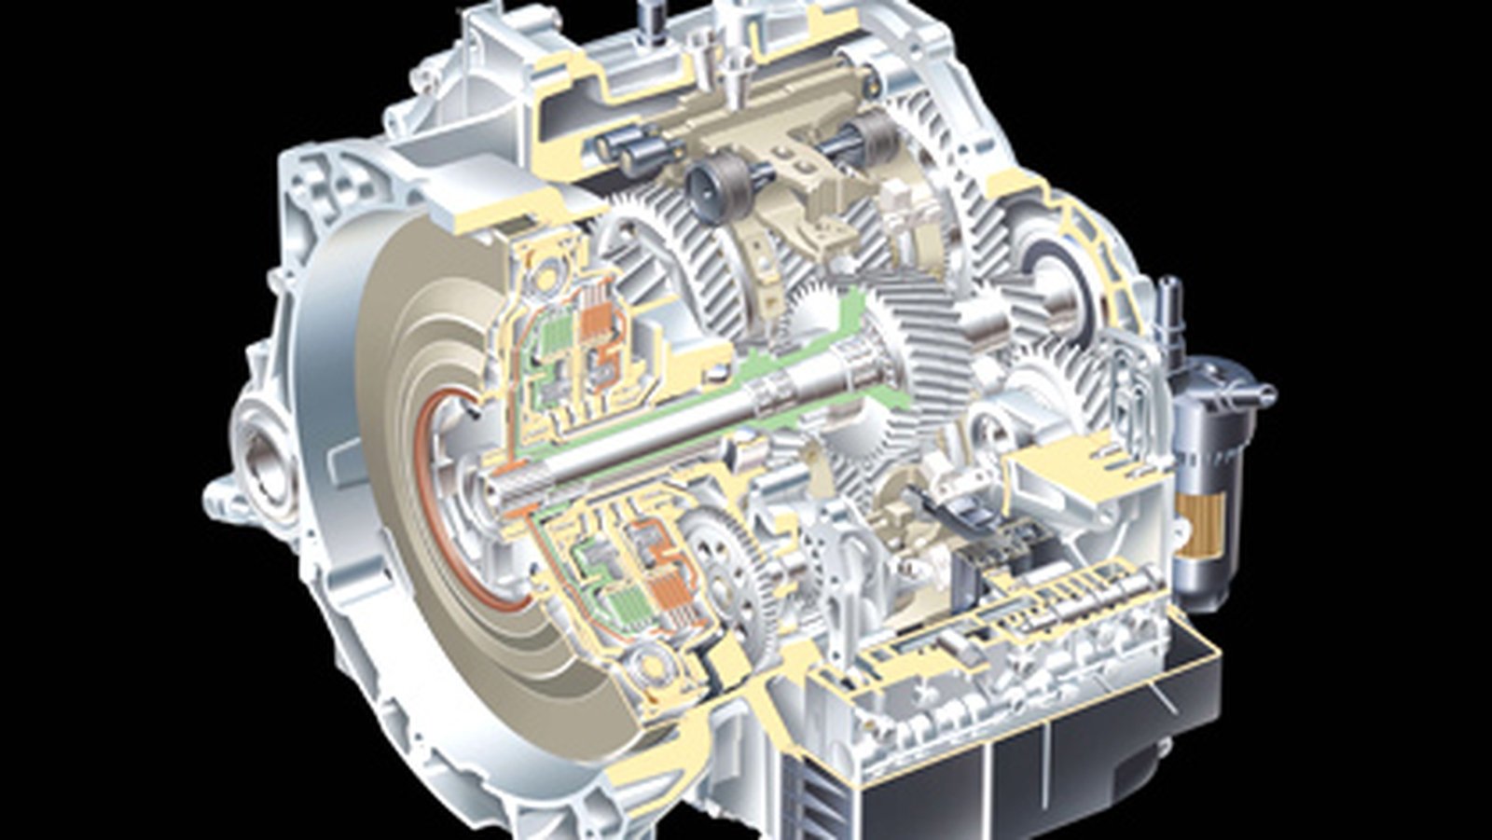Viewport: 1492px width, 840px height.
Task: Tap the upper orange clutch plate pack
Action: point(597,322)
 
